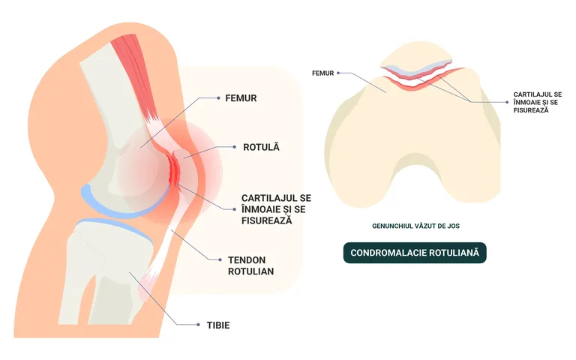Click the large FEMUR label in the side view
[241, 98]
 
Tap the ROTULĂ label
[261, 147]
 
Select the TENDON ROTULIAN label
[251, 265]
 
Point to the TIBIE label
[218, 325]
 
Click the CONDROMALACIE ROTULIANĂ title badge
[415, 253]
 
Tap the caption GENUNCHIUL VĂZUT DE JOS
[415, 226]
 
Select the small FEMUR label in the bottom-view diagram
[323, 73]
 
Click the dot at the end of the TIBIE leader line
[198, 325]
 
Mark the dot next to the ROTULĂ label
[234, 147]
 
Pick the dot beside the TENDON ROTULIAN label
[220, 259]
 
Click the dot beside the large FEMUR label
[218, 98]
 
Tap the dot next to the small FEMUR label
[338, 73]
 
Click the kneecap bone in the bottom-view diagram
[416, 58]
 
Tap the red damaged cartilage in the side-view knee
[174, 169]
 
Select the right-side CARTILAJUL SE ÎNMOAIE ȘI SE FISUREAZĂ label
[538, 103]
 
